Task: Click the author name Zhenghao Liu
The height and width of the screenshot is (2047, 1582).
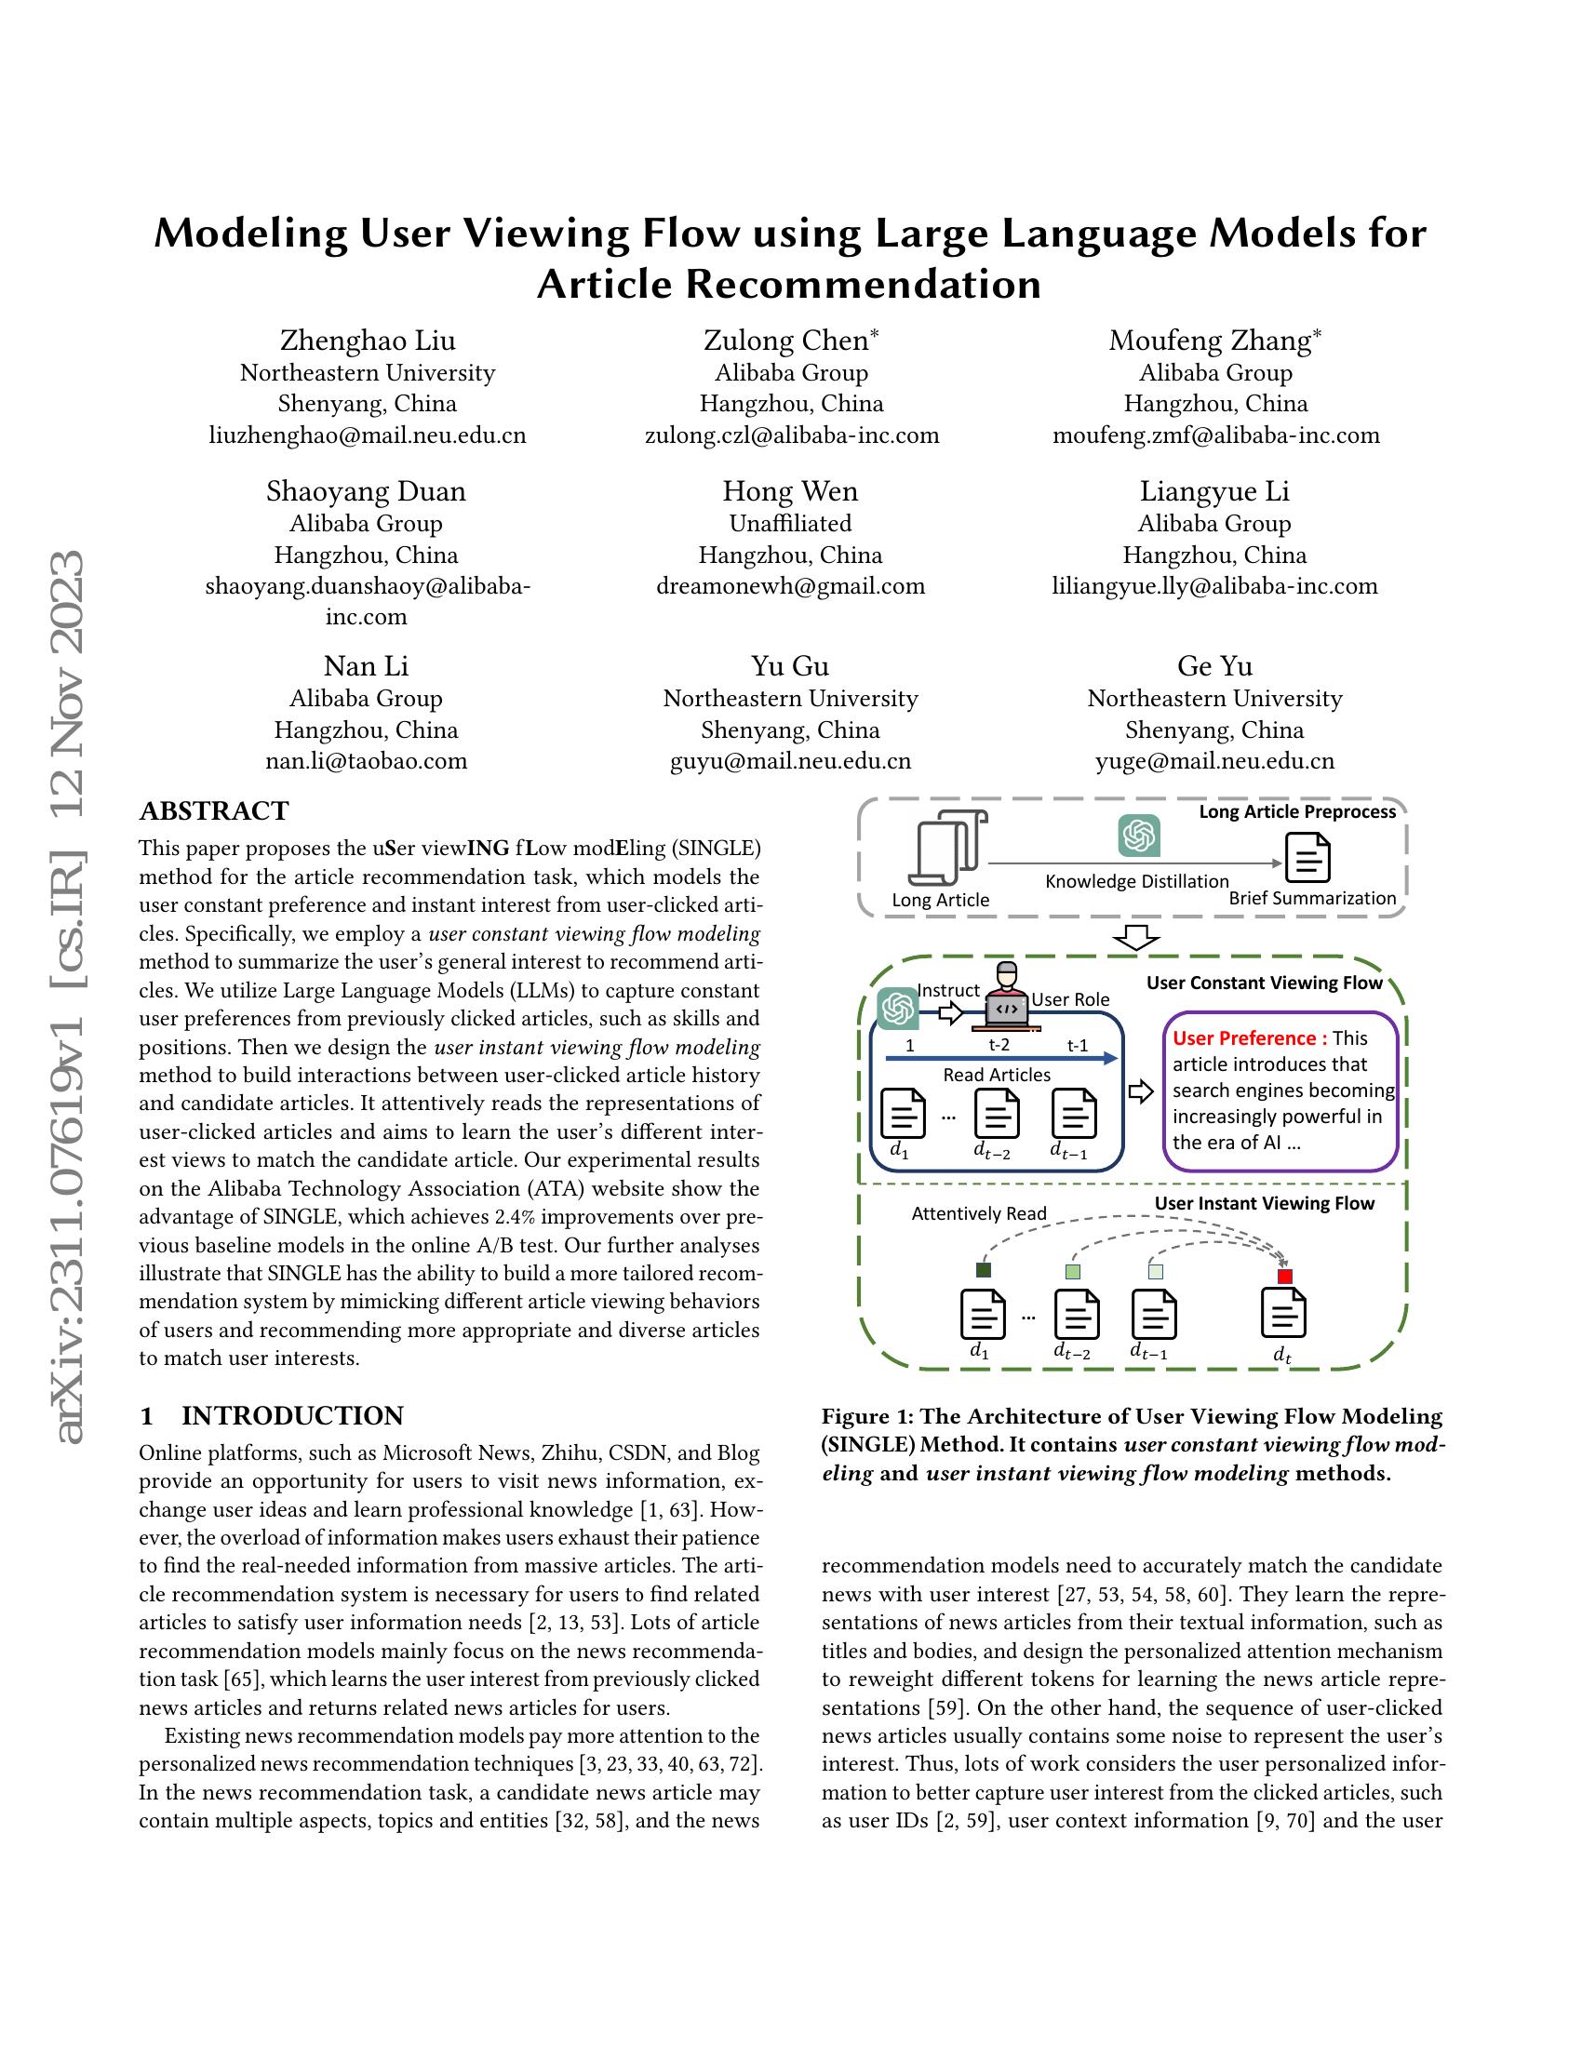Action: pos(368,341)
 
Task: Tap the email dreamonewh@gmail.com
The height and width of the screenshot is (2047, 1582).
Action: pos(790,586)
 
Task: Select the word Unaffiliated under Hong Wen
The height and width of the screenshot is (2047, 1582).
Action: pos(790,523)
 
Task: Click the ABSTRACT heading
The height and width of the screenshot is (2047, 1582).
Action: pos(214,810)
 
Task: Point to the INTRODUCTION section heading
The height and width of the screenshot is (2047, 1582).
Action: pos(292,1415)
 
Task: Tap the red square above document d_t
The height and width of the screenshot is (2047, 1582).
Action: pos(1284,1277)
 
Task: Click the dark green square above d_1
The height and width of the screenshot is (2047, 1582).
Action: pos(982,1271)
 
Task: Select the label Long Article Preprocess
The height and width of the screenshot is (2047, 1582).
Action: pos(1297,811)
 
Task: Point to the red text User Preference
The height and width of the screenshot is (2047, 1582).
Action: pos(1249,1037)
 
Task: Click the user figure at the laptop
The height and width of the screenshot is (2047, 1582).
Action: pos(1006,996)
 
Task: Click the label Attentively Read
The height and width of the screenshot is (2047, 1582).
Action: pos(978,1213)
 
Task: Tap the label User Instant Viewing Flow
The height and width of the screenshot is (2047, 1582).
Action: pos(1264,1203)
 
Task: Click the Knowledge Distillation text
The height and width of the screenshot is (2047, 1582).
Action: pos(1136,881)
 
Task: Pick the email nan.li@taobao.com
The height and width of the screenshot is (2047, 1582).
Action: pos(366,760)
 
